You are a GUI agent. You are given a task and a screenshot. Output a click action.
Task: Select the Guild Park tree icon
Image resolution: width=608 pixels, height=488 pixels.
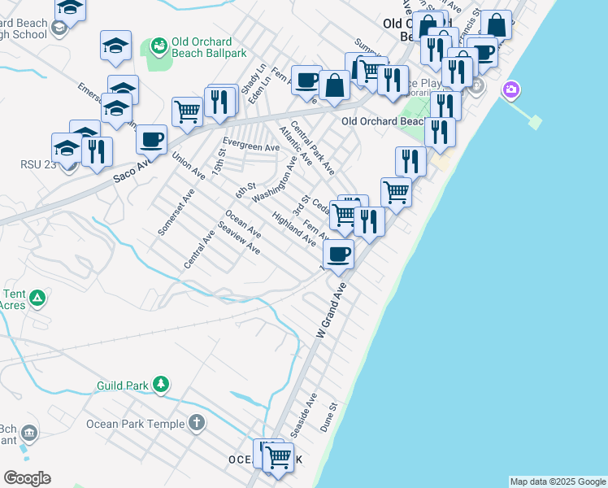(162, 383)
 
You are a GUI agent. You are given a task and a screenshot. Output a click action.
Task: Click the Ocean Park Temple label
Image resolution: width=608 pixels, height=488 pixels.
(136, 423)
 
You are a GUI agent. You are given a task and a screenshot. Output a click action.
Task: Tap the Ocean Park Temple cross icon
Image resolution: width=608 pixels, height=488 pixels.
(196, 422)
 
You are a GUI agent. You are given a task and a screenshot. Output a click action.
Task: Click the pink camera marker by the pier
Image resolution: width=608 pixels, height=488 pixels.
(511, 89)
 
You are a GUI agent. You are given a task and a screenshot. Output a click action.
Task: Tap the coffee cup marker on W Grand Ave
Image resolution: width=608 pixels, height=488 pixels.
(338, 253)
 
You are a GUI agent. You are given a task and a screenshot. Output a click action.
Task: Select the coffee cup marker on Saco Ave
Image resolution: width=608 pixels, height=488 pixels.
(151, 140)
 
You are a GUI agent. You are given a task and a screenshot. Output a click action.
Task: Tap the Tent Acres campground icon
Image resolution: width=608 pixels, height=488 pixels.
(36, 298)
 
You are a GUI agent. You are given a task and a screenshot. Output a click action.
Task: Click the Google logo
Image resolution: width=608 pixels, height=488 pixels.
(27, 478)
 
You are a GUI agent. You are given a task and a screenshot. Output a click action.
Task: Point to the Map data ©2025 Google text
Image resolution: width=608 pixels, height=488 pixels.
(558, 481)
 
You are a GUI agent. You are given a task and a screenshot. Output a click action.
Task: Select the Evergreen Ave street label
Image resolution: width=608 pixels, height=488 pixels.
(251, 146)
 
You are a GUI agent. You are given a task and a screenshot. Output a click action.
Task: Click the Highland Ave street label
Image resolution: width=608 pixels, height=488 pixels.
(294, 228)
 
